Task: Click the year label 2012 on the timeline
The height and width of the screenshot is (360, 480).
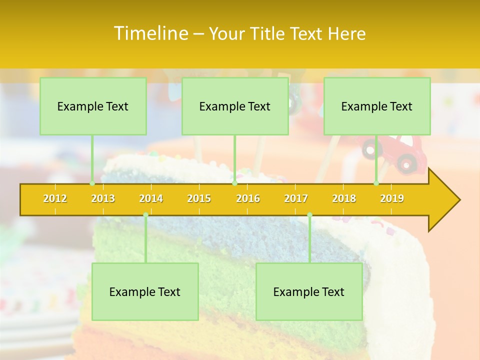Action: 55,198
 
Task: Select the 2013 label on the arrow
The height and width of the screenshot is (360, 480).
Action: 103,198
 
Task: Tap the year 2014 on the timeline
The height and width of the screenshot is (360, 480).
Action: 151,198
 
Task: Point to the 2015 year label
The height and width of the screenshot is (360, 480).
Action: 199,198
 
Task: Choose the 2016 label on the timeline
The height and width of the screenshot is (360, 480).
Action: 248,198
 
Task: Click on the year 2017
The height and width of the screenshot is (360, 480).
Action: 296,198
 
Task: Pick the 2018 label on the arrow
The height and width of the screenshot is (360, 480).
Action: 344,198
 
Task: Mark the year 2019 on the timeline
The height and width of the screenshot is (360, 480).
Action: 392,198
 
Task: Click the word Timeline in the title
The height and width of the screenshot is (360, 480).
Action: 150,33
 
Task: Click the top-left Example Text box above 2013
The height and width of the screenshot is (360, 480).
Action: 93,106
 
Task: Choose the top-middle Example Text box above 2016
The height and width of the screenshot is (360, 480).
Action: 235,106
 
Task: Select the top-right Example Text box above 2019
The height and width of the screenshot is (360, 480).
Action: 377,106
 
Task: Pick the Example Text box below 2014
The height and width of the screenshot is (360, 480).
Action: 145,291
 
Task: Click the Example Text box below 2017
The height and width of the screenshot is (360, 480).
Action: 309,291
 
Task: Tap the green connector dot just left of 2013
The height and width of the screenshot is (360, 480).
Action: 92,183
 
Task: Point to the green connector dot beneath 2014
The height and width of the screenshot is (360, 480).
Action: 145,215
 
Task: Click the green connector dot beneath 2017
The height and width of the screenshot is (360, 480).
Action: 309,215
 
